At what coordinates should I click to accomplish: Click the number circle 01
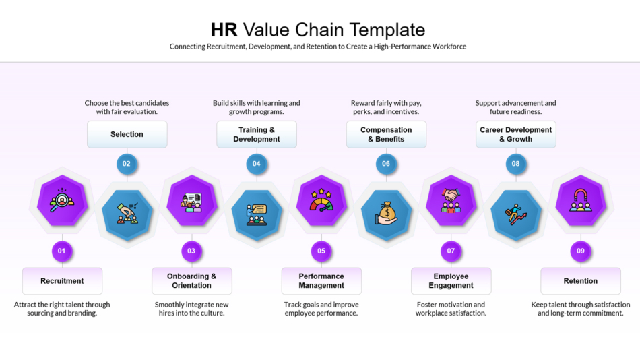61,251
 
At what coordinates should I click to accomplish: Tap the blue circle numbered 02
126,163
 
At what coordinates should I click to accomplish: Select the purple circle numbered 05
321,251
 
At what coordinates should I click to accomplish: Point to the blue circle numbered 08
515,163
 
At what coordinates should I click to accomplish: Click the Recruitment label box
62,281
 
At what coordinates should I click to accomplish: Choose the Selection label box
127,134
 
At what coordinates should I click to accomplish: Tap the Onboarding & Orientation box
191,281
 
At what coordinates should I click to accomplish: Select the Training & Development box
256,134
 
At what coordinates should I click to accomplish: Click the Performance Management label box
321,281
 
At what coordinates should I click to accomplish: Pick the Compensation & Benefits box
386,134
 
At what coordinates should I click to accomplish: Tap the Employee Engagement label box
451,281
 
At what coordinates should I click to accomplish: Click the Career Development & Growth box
515,134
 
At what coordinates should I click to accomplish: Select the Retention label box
580,281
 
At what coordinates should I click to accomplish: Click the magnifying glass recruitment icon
61,200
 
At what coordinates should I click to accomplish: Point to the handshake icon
451,200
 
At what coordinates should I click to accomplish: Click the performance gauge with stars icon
321,200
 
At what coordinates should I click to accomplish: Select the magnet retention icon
580,200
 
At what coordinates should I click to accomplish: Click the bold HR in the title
224,30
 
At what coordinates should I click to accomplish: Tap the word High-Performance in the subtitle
403,47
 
